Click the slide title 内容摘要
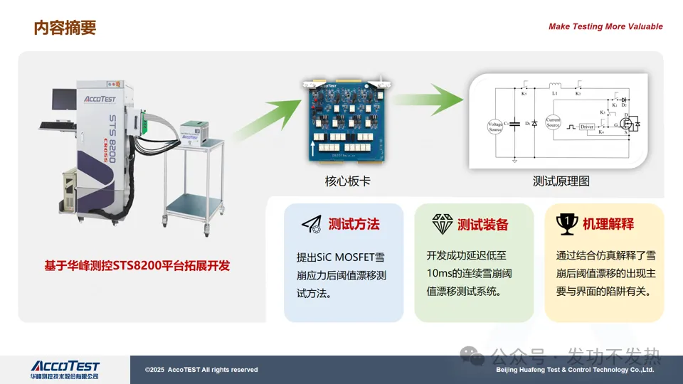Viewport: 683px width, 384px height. pos(65,28)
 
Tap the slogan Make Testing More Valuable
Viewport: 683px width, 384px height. pos(605,27)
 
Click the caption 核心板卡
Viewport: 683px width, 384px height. pos(347,181)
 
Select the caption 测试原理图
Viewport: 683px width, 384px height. pos(561,181)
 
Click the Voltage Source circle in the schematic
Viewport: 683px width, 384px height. pos(495,127)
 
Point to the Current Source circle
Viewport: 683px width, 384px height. pos(553,122)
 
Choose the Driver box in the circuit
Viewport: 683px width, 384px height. pos(586,127)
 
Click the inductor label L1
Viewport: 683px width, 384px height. pos(554,93)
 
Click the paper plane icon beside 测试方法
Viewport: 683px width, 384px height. pos(311,225)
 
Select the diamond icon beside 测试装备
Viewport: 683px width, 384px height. pos(443,225)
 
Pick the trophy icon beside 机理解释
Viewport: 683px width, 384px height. pos(566,224)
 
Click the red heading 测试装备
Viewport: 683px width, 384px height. pos(483,225)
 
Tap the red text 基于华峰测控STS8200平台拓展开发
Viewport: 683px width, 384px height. pos(137,266)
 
